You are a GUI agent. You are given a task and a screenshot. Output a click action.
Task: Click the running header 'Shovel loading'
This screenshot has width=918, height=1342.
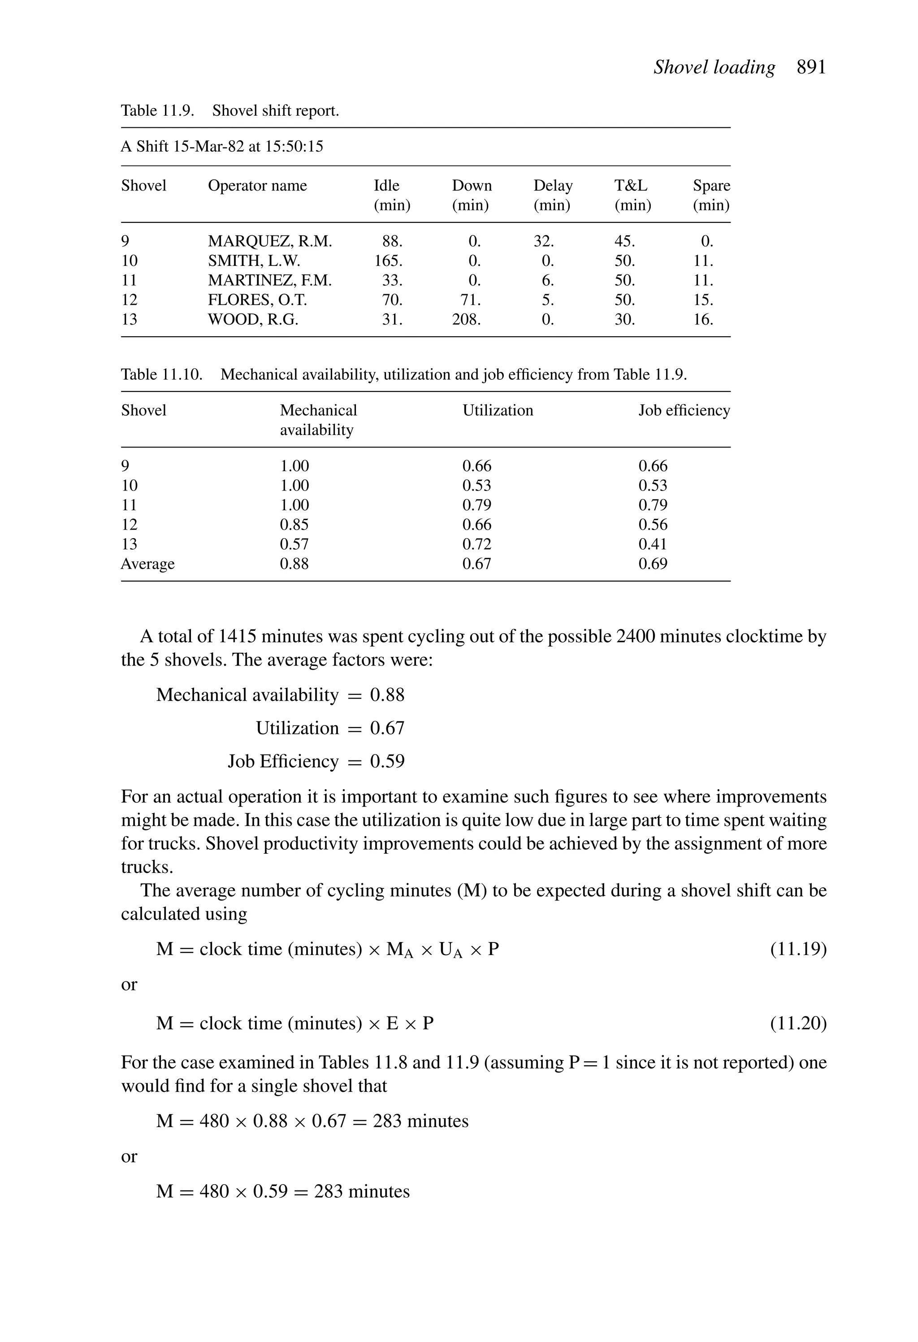(714, 68)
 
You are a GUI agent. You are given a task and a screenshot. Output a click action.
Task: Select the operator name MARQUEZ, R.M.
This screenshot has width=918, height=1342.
(270, 241)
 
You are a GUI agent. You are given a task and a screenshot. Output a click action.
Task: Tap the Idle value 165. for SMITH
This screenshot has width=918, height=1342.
(389, 261)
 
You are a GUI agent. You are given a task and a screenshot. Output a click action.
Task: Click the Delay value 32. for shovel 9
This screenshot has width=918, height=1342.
(543, 241)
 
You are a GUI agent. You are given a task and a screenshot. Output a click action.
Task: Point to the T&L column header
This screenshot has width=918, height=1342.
(631, 186)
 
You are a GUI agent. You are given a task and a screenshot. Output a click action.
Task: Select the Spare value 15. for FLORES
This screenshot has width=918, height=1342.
(703, 300)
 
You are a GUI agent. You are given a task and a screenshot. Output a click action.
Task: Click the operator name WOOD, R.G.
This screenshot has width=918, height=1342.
(253, 319)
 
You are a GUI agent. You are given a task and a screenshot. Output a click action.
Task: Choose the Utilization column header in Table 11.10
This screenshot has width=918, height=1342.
(498, 411)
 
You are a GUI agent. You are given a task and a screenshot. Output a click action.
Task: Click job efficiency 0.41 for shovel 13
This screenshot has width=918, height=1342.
(652, 544)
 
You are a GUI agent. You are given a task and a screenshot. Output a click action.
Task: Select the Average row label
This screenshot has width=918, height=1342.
(148, 564)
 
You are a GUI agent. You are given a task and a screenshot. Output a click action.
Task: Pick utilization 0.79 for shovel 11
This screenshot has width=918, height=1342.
(476, 505)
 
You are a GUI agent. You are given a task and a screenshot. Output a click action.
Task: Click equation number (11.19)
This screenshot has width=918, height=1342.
(798, 949)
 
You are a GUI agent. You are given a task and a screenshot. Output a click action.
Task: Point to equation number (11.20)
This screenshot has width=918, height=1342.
(798, 1023)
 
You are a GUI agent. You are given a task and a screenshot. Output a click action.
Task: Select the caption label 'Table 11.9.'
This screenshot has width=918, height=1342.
(157, 111)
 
